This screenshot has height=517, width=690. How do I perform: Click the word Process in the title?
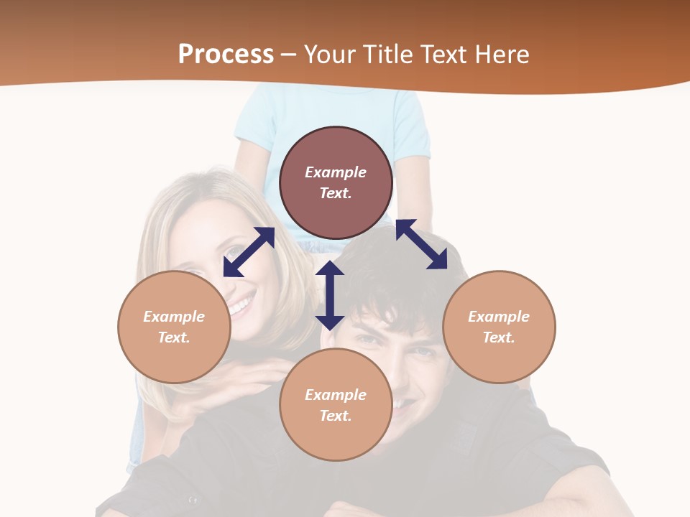point(226,55)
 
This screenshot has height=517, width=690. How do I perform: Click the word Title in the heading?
point(386,55)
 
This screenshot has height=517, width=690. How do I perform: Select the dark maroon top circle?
point(336,183)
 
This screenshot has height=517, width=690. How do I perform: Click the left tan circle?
point(174,327)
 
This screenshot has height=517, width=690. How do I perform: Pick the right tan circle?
point(499,327)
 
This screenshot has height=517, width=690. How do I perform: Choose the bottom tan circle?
point(336,405)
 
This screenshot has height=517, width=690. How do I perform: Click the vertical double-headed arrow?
point(330,295)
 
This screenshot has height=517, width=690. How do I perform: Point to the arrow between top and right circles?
point(421,244)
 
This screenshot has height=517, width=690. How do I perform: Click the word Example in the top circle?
point(336,172)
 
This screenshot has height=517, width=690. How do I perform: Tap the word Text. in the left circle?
point(174,337)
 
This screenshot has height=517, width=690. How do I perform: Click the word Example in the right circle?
point(499,317)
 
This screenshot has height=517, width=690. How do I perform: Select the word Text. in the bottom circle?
point(336,416)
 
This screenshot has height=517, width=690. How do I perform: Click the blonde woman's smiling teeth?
point(242,305)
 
